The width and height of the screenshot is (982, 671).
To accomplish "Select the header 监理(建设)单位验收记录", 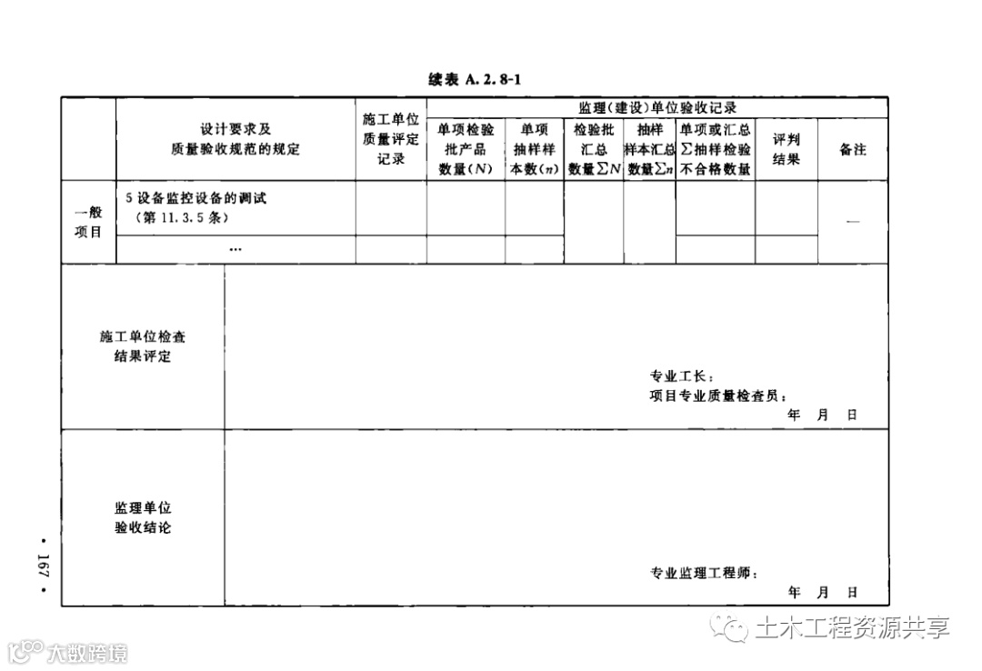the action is (657, 107).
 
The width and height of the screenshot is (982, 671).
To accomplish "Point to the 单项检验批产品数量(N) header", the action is (466, 149).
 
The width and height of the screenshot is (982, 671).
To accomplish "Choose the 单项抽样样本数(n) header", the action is (534, 149).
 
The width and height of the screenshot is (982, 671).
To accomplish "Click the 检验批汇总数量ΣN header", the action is (594, 149).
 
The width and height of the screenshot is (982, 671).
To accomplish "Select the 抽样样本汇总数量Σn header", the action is (649, 149).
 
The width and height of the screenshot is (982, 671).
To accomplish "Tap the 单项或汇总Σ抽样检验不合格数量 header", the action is (715, 149).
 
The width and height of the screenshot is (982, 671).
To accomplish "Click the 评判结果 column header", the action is (786, 149).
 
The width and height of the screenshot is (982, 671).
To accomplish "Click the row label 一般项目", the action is (88, 222).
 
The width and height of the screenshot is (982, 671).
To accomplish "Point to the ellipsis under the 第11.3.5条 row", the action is (235, 248).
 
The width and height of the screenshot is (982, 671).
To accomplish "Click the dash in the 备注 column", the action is (853, 223).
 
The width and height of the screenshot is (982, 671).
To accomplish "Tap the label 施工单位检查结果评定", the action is (143, 346).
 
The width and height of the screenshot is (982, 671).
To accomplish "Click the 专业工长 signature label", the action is (683, 376).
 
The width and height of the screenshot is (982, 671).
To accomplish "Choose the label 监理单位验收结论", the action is (143, 517).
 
